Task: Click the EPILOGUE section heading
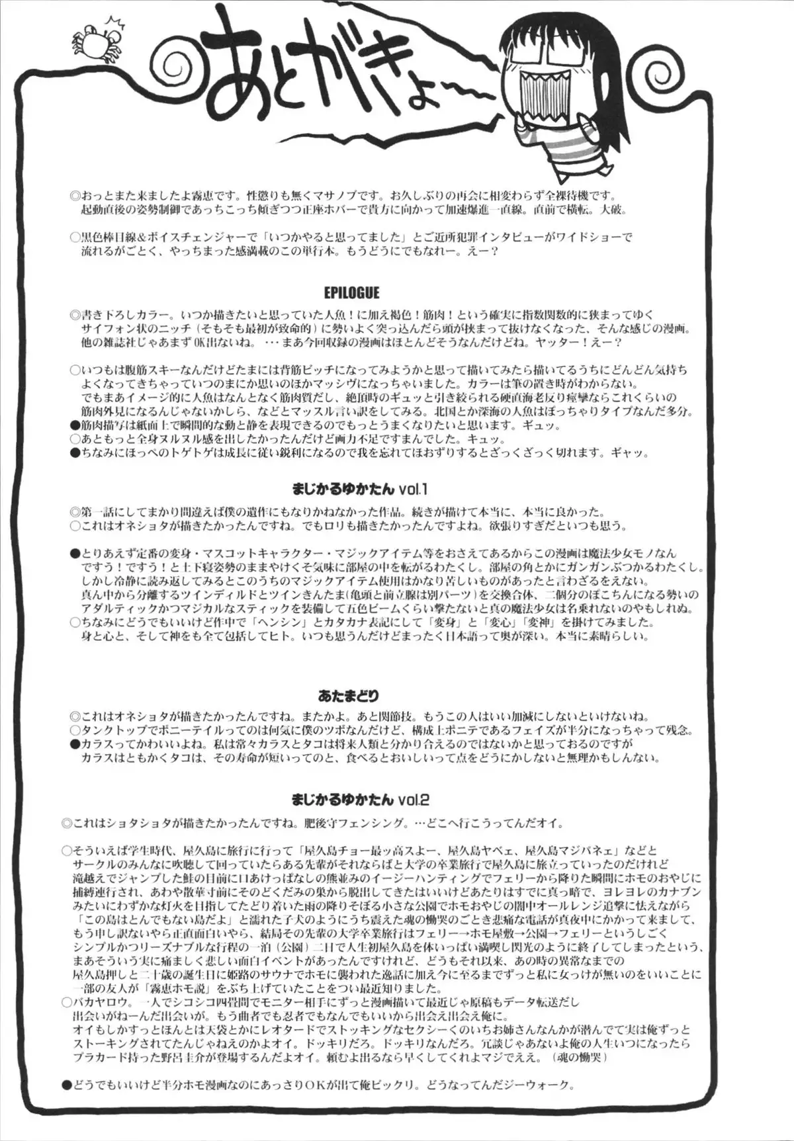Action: coord(352,291)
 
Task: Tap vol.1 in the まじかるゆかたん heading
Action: coord(416,489)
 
